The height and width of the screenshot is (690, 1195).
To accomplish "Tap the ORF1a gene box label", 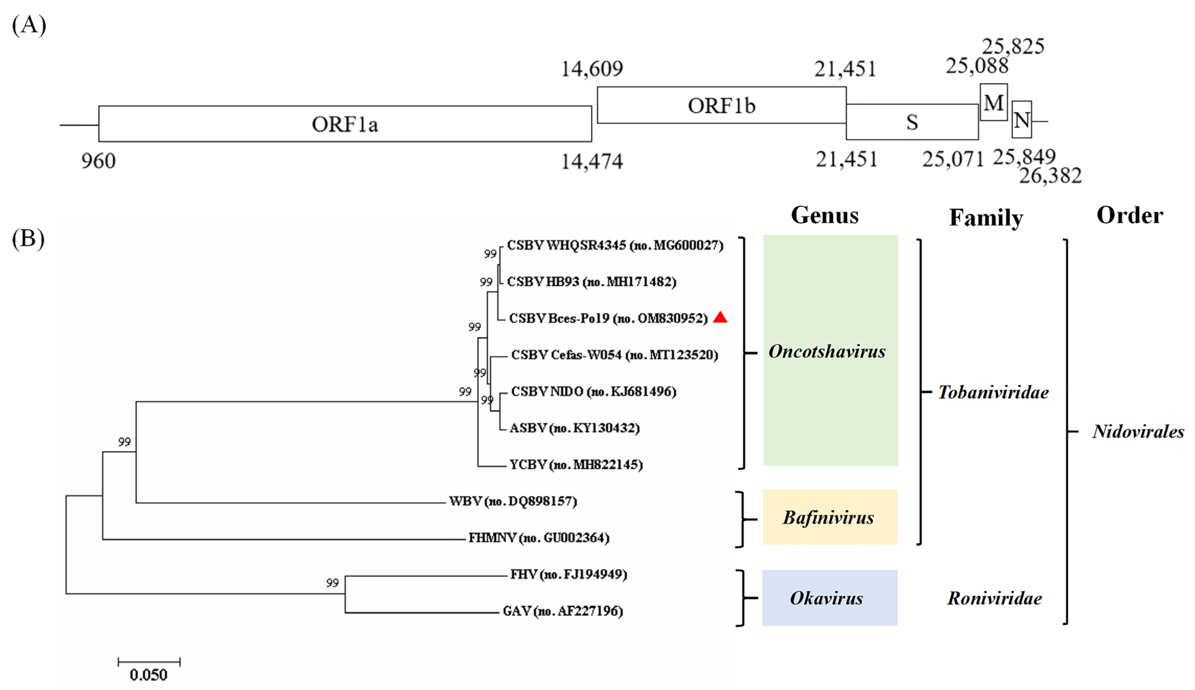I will [x=345, y=124].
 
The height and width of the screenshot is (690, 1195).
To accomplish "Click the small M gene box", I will [x=993, y=102].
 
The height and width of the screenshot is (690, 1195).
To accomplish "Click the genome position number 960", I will [x=98, y=161].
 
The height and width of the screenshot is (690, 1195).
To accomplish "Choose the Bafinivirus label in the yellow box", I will [x=828, y=517].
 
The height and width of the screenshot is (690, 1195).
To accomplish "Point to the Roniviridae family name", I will [x=994, y=598].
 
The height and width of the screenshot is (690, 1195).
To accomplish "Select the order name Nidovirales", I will [x=1138, y=432].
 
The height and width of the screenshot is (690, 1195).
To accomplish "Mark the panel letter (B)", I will [x=28, y=238].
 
